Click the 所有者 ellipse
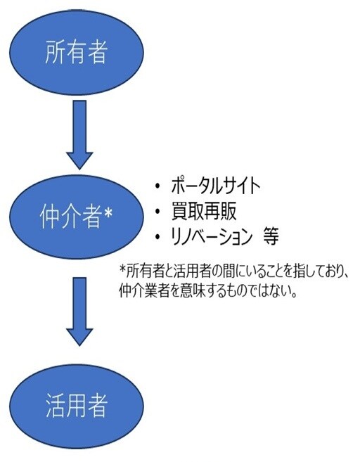pos(77,53)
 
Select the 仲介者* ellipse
pos(77,217)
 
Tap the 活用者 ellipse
pos(77,406)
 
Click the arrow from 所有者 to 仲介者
pos(79,134)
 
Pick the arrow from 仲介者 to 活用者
pos(79,312)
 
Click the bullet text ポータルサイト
pos(216,186)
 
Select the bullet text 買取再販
pos(204,211)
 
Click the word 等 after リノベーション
pos(271,236)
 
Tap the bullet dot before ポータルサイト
pos(157,186)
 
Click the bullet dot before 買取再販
pos(157,211)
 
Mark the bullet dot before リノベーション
pos(157,236)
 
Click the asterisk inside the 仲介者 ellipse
pos(108,213)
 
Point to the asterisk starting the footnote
pos(122,269)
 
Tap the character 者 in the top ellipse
pos(96,52)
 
